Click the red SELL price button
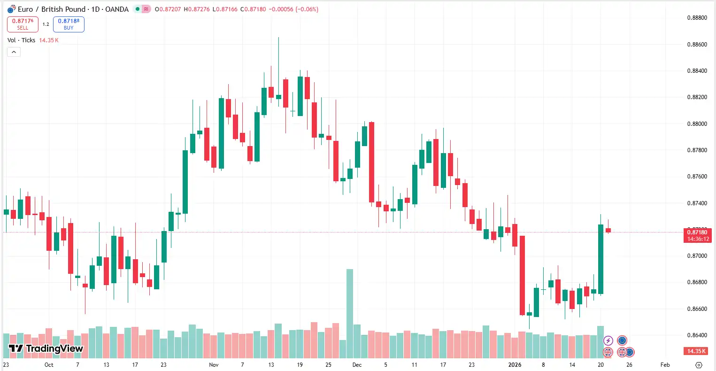click(23, 24)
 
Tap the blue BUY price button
click(69, 24)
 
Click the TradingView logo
click(46, 348)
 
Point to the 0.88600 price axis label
click(697, 45)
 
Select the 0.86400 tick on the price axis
click(697, 335)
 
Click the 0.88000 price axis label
click(697, 124)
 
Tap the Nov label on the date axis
click(214, 365)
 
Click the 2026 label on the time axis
click(515, 365)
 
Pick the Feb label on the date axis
click(665, 365)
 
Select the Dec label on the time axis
click(357, 365)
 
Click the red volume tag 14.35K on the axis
click(697, 351)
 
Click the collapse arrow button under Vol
click(14, 52)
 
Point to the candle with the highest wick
click(278, 70)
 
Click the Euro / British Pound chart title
click(73, 9)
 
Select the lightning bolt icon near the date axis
click(608, 340)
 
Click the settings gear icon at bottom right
click(699, 365)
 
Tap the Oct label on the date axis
click(49, 365)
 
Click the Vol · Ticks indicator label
click(21, 40)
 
